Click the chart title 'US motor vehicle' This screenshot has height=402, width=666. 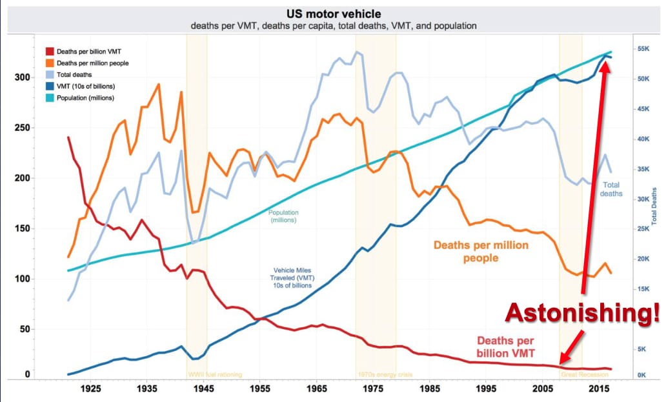point(333,14)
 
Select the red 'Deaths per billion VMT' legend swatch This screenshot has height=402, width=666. point(49,50)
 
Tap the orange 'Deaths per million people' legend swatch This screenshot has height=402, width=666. point(49,63)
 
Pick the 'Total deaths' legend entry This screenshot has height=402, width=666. point(75,74)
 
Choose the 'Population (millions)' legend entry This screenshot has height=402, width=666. point(85,97)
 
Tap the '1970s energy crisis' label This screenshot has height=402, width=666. point(384,374)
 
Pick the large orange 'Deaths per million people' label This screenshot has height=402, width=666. point(481,252)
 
